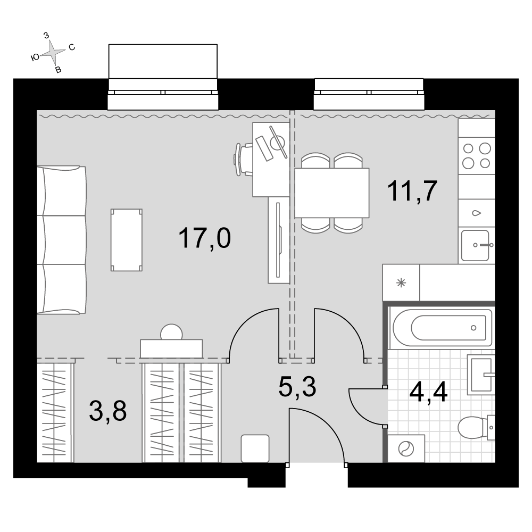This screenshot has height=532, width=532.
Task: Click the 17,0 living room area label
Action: tap(204, 238)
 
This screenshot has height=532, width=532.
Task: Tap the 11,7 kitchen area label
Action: tap(412, 191)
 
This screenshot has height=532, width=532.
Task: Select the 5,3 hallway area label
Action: tap(297, 387)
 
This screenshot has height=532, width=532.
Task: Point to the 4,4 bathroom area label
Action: tap(428, 392)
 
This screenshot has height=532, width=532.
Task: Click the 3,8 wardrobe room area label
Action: tap(108, 411)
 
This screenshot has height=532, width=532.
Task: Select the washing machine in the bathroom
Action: tap(406, 448)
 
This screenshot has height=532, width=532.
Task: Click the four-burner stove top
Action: tap(476, 156)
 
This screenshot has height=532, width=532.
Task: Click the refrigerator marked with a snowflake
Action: tap(401, 282)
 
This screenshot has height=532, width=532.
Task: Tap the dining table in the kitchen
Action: tap(332, 193)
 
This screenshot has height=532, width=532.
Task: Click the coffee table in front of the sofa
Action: tap(127, 240)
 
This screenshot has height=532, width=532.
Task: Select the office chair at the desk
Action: tap(244, 160)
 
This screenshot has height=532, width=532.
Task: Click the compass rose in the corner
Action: tap(53, 52)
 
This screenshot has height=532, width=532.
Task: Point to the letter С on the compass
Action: tap(72, 47)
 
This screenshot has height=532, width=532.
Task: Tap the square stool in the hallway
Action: tap(255, 448)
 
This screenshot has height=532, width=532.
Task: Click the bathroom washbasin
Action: tap(481, 375)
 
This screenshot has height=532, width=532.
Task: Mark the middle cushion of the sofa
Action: tap(61, 240)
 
